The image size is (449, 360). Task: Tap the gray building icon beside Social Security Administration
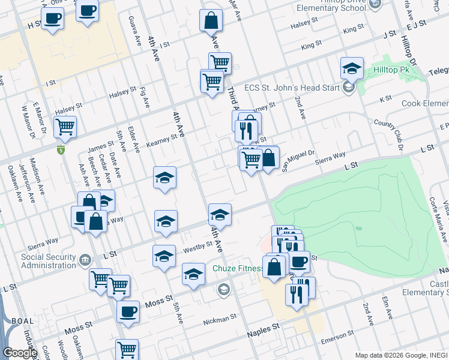[x=85, y=260]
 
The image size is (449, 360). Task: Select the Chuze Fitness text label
[x=238, y=268]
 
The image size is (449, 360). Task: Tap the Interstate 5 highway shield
[x=60, y=149]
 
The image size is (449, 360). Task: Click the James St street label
[x=100, y=146]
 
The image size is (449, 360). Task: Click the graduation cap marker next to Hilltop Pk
[x=352, y=68]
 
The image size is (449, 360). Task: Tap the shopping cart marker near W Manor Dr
[x=65, y=127]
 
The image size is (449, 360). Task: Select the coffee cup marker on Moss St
[x=128, y=312]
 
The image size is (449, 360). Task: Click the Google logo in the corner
[x=20, y=353]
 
